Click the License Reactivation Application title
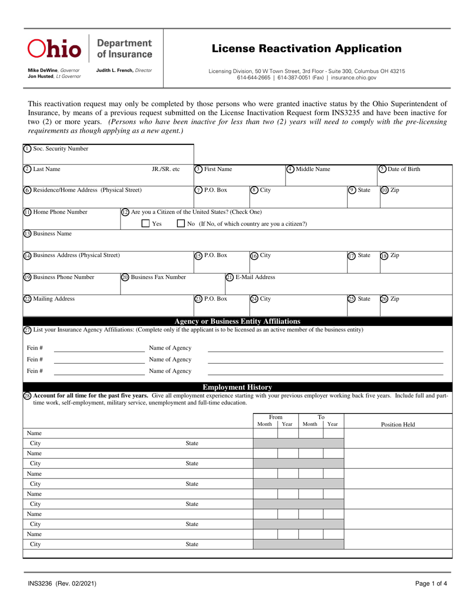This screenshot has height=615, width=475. pos(306,48)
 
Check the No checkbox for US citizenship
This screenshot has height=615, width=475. pos(181,223)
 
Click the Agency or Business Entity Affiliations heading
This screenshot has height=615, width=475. pos(237,321)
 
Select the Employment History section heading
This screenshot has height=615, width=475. pos(237,387)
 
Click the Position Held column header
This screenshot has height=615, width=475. pos(398,424)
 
